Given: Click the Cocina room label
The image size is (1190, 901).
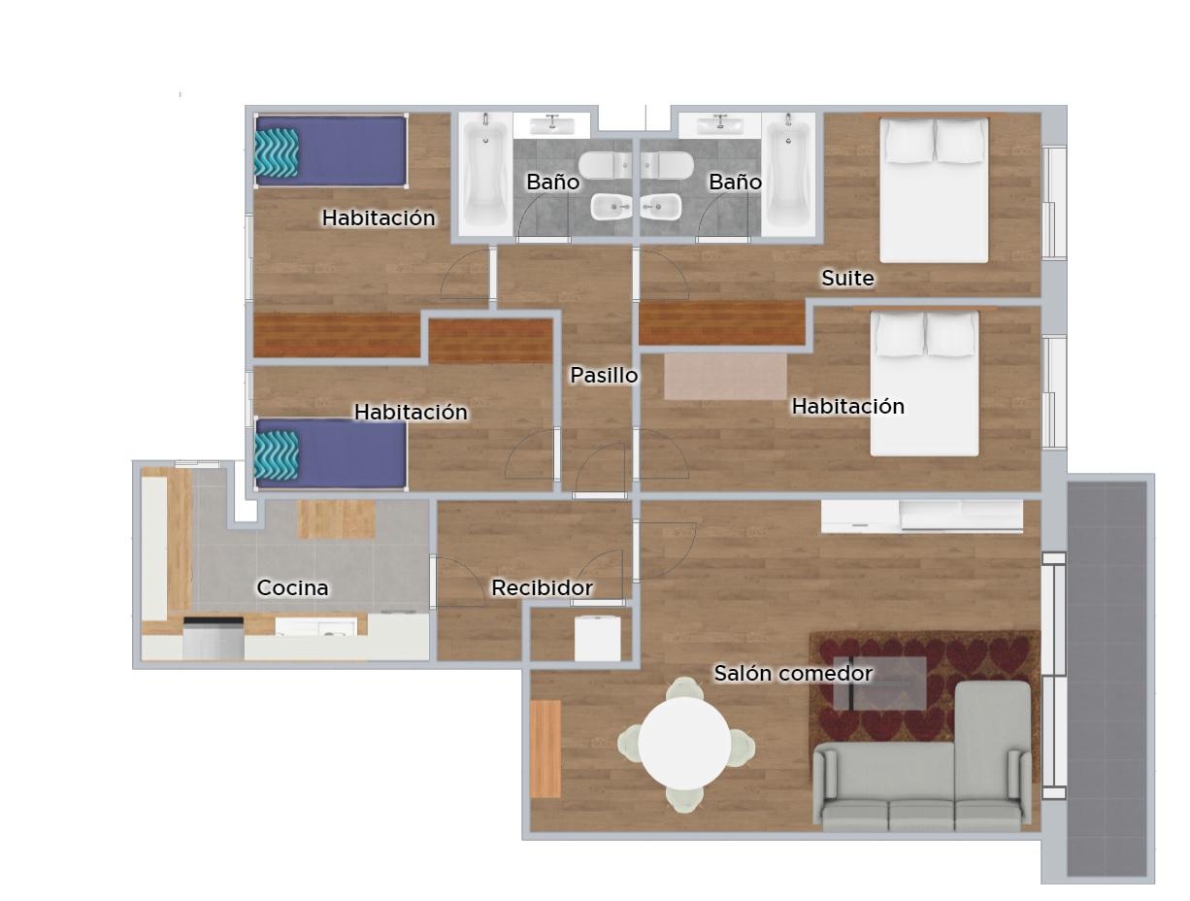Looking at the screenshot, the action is tap(292, 587).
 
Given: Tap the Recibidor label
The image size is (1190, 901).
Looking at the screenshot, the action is tap(542, 587).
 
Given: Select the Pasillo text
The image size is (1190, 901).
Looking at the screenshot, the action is tap(604, 375).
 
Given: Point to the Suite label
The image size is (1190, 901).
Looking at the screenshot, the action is tap(848, 278).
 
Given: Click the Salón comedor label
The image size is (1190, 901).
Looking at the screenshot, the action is tap(793, 673).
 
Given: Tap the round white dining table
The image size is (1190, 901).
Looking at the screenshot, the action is tap(684, 744).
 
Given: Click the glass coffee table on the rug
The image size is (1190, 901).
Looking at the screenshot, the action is tap(879, 684).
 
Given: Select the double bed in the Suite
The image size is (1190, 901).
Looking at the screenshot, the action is tap(934, 189).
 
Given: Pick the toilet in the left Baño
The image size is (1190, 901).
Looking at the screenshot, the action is tap(605, 165).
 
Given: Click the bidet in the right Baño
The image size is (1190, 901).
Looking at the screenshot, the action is tap(660, 207).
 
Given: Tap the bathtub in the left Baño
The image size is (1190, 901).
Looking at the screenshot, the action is tap(485, 175).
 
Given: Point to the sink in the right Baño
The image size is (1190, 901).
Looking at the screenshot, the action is tap(720, 125).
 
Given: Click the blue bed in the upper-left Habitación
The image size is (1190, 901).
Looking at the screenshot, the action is tap(331, 150).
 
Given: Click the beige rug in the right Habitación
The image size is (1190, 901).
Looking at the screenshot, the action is tap(725, 377).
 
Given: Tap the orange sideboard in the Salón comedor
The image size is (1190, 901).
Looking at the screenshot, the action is tap(545, 749).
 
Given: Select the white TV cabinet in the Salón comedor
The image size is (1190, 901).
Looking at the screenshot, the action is tap(922, 516).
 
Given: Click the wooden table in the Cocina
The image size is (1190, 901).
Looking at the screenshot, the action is tap(336, 519).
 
